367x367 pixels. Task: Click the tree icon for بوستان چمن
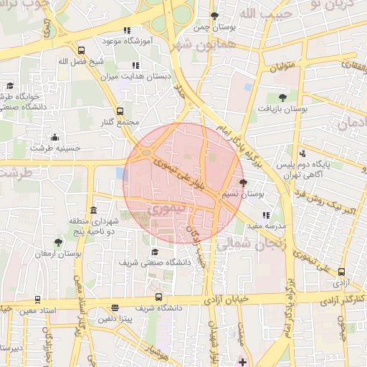214,16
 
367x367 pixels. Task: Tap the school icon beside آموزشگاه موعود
127,31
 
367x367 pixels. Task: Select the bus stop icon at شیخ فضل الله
81,51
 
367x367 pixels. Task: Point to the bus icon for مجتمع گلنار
120,111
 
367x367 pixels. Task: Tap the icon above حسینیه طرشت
55,137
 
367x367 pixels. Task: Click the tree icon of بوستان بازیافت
282,97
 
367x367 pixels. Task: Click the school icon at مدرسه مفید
267,214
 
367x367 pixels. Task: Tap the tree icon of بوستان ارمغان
58,242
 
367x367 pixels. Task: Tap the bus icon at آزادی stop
342,272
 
